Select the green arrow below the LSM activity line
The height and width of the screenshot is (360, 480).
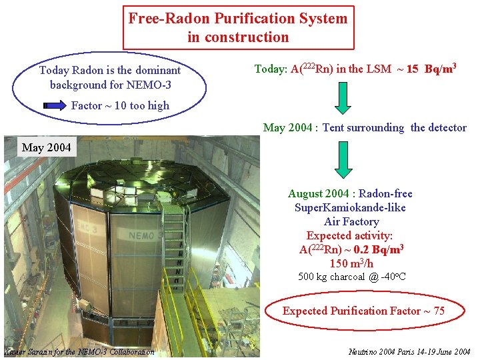tap(343, 97)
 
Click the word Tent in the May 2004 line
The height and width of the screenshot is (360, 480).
tap(335, 127)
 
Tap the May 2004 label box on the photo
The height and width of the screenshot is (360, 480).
tap(46, 147)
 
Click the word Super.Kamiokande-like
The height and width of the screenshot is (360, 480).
tap(350, 207)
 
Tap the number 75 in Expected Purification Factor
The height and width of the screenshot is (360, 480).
tap(438, 311)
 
